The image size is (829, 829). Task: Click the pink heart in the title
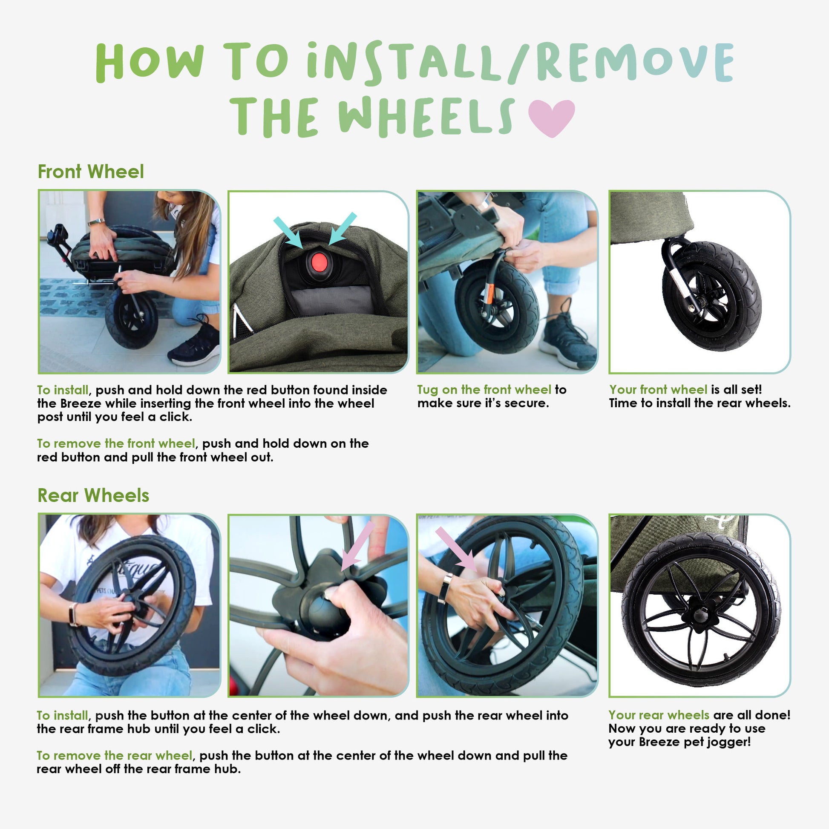click(551, 117)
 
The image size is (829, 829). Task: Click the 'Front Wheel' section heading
click(91, 172)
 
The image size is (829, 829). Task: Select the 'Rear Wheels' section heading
click(93, 495)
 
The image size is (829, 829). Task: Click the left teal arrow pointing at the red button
click(288, 233)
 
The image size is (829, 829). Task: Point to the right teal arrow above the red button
click(343, 228)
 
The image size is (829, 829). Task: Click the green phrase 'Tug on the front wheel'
click(484, 390)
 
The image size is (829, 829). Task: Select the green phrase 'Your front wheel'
click(658, 390)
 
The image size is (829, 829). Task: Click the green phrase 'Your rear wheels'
click(659, 715)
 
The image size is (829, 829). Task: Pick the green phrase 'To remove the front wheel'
click(116, 443)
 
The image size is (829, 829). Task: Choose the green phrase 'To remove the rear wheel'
click(115, 755)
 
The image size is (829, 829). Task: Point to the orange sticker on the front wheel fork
click(488, 294)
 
